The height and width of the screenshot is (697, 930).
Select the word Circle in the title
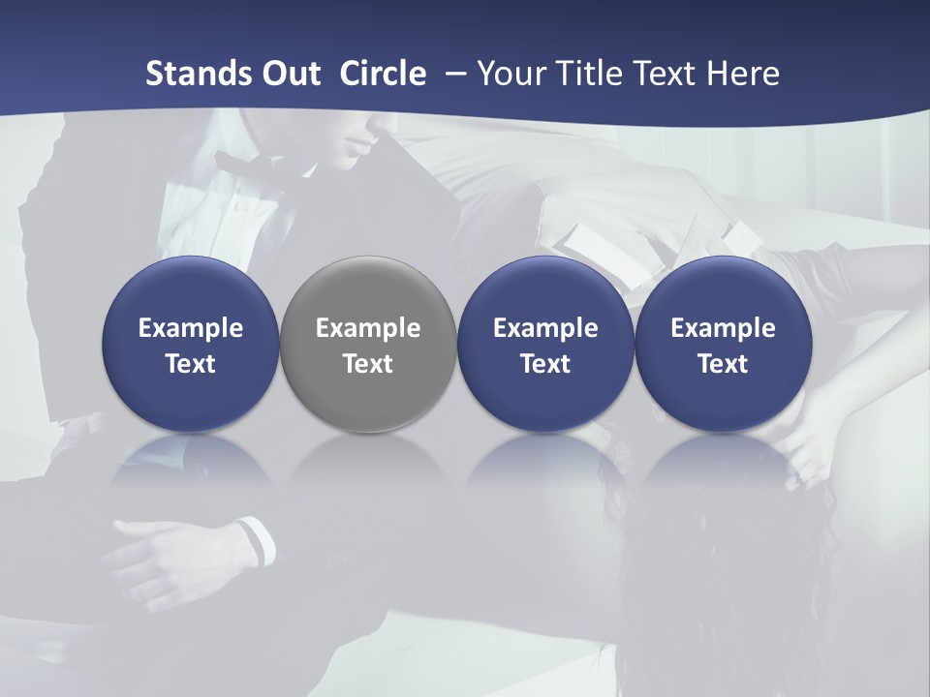click(x=383, y=74)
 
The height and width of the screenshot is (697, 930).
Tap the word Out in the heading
click(x=291, y=74)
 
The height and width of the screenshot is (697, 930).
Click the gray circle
click(x=368, y=344)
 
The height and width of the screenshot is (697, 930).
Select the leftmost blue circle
click(x=191, y=344)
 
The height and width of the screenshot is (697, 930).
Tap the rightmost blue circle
click(x=724, y=344)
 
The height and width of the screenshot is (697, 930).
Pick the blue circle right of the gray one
click(x=545, y=344)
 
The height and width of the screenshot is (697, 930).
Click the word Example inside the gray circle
click(x=368, y=328)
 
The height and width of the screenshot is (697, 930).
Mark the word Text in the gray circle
click(x=368, y=364)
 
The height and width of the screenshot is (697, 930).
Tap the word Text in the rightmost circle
click(x=724, y=364)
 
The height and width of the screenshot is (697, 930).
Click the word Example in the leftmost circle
click(x=191, y=328)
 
